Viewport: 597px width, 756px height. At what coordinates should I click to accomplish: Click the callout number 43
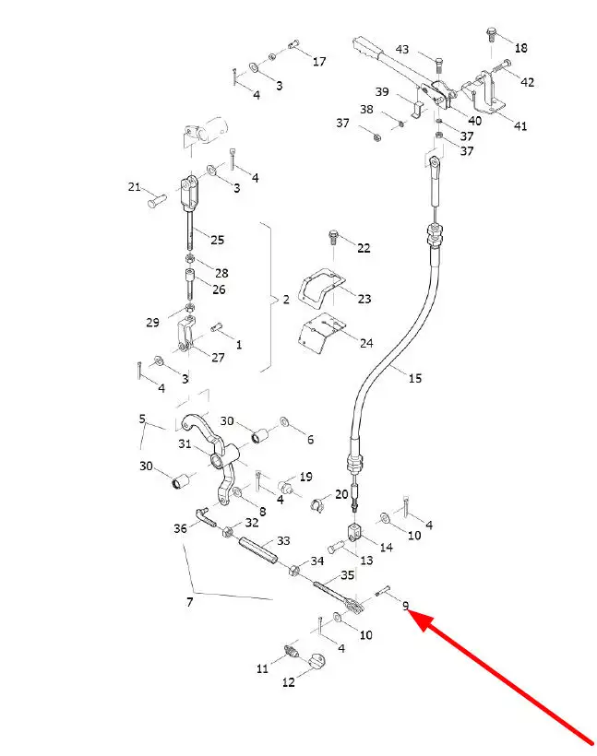(402, 49)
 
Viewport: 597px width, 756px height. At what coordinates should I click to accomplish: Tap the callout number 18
(520, 48)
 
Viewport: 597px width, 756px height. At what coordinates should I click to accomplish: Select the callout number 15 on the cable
(415, 378)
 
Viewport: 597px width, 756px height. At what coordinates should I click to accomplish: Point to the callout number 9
(405, 606)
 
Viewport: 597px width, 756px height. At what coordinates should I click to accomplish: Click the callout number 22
(364, 248)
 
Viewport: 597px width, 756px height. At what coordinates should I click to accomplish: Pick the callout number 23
(364, 299)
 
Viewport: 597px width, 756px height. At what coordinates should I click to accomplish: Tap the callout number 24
(366, 343)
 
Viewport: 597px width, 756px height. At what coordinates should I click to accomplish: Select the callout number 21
(134, 186)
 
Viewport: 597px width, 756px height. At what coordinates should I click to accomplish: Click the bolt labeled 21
(156, 199)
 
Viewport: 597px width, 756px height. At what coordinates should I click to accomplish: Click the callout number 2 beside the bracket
(286, 300)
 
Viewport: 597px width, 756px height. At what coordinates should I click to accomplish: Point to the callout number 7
(190, 602)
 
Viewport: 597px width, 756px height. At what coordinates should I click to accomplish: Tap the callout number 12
(289, 682)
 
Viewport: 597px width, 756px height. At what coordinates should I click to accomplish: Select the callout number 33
(283, 540)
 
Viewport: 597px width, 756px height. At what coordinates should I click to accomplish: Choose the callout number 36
(180, 528)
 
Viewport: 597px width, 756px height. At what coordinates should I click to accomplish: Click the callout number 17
(319, 61)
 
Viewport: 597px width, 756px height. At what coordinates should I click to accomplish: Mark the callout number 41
(519, 125)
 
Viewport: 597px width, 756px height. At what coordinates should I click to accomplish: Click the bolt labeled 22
(333, 237)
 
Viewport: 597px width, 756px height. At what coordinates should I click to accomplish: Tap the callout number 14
(386, 548)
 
